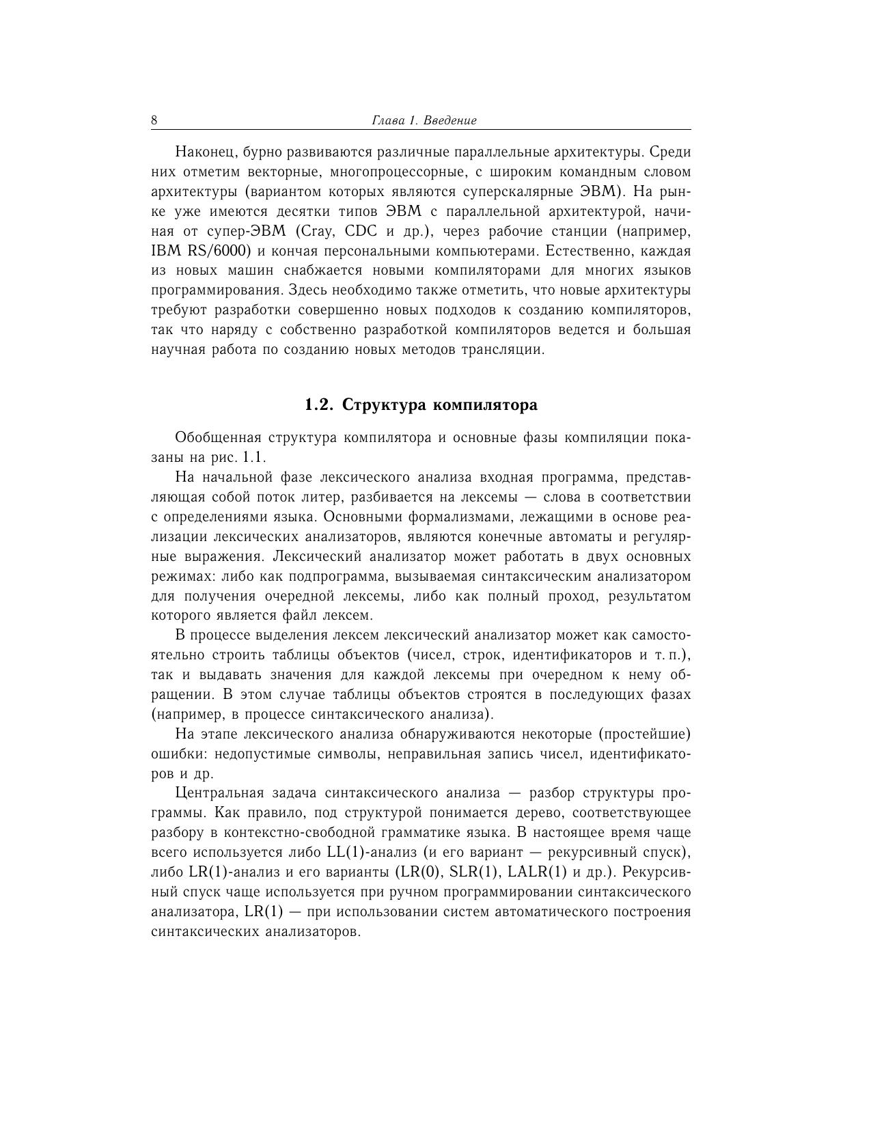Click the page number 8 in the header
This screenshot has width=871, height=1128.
(154, 121)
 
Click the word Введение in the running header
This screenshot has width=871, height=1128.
(450, 121)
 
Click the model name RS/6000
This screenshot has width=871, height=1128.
(215, 251)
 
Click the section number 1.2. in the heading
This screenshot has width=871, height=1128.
(319, 405)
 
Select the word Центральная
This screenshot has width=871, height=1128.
(219, 794)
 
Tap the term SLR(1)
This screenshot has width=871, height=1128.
(474, 873)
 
